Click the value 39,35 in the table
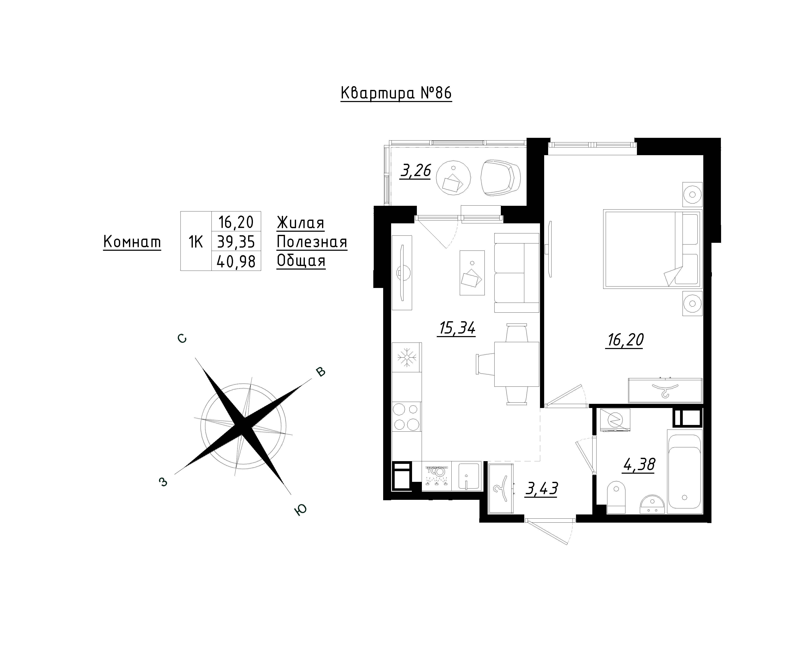pyautogui.click(x=236, y=242)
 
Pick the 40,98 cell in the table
pyautogui.click(x=236, y=262)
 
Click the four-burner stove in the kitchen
pyautogui.click(x=407, y=417)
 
